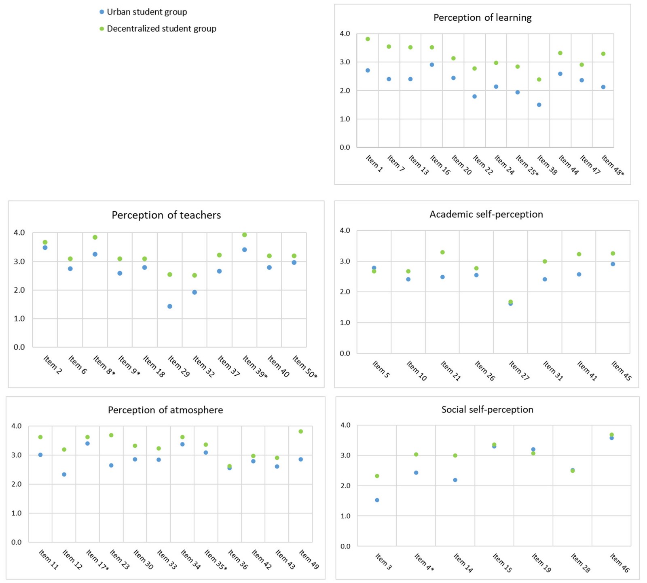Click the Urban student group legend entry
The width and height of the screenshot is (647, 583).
[146, 12]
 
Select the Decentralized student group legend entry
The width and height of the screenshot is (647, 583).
[161, 29]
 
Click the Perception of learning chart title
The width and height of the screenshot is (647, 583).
[482, 18]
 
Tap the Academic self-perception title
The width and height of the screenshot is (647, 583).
[486, 214]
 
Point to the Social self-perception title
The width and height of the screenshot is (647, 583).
[487, 409]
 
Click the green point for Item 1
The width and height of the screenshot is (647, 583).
[368, 39]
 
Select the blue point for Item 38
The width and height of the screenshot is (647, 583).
[539, 105]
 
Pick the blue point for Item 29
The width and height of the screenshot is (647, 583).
[170, 306]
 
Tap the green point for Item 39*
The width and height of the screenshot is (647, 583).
[244, 235]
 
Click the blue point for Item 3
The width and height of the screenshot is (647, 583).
[377, 500]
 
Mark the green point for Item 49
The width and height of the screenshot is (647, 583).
[301, 432]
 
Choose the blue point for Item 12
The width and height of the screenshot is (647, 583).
[64, 474]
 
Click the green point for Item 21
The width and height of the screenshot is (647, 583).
[442, 252]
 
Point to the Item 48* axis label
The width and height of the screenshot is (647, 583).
[613, 166]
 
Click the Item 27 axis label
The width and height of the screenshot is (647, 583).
[519, 370]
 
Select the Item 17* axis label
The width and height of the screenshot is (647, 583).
[97, 560]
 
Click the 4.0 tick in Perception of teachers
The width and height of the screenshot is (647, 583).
[19, 233]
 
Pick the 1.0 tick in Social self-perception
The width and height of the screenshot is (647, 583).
[345, 516]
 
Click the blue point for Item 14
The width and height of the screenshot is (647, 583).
[455, 480]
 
